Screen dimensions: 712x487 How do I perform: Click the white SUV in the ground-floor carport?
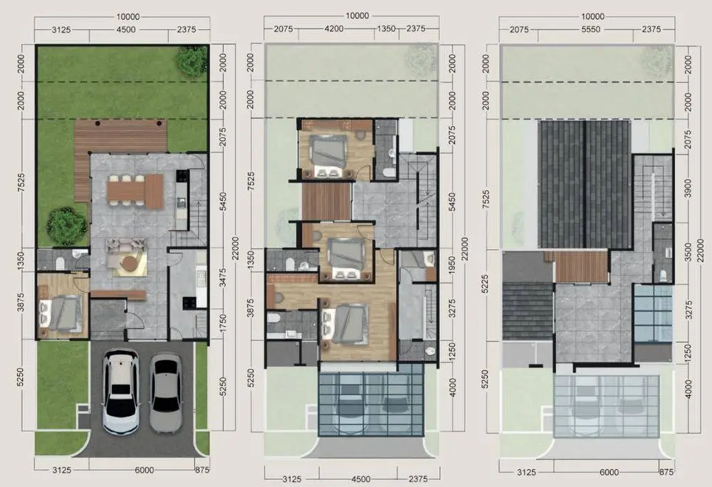120,392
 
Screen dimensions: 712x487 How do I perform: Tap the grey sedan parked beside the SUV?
166,393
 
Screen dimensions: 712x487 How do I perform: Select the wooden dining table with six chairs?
135,191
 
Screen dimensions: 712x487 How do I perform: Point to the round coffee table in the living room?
130,263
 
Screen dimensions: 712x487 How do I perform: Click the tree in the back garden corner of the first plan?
192,61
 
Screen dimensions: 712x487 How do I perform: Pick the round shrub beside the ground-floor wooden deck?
67,226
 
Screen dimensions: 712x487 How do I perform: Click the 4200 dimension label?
334,28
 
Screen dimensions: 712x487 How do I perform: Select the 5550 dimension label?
590,29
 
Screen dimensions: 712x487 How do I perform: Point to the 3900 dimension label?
688,188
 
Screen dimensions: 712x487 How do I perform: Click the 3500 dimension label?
688,252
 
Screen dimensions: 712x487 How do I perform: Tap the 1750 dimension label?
222,324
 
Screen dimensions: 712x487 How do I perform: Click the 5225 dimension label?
486,284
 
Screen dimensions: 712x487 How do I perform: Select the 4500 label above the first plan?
126,29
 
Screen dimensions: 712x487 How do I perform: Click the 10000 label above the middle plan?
357,16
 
